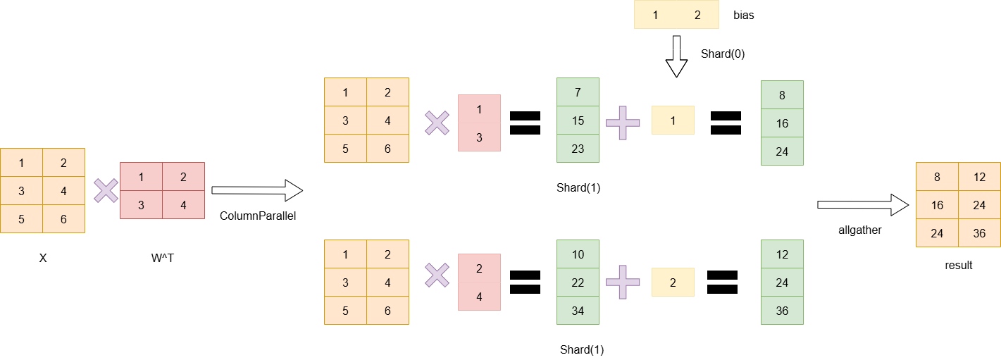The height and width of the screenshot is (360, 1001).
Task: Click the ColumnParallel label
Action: pos(258,216)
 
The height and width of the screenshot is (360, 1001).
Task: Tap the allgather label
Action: pos(860,230)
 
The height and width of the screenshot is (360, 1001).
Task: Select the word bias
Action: pos(743,15)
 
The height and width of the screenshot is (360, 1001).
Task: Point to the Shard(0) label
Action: pos(722,54)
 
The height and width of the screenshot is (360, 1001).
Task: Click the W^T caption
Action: pos(163,258)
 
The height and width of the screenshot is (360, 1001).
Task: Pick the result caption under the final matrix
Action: pos(958,266)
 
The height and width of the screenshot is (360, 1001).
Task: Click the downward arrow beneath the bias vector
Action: pos(676,57)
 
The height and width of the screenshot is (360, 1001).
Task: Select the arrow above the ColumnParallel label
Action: pos(257,190)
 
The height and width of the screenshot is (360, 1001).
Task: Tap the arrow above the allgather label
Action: pos(861,204)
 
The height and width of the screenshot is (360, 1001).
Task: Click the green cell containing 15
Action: pos(578,120)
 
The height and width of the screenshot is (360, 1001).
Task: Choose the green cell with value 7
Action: pos(578,92)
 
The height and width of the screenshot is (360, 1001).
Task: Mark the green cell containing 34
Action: pos(578,311)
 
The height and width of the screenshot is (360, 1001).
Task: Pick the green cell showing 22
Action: pos(578,283)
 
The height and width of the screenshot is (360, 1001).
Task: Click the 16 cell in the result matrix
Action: pos(937,205)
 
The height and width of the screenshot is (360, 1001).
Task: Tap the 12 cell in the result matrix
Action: pos(979,177)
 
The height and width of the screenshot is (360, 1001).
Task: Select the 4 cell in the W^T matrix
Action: pos(183,205)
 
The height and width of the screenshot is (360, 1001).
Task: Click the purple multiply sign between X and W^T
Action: pos(106,190)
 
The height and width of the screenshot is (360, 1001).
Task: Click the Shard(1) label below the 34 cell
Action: pos(582,349)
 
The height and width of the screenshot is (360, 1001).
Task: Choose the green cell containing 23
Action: pos(578,149)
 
